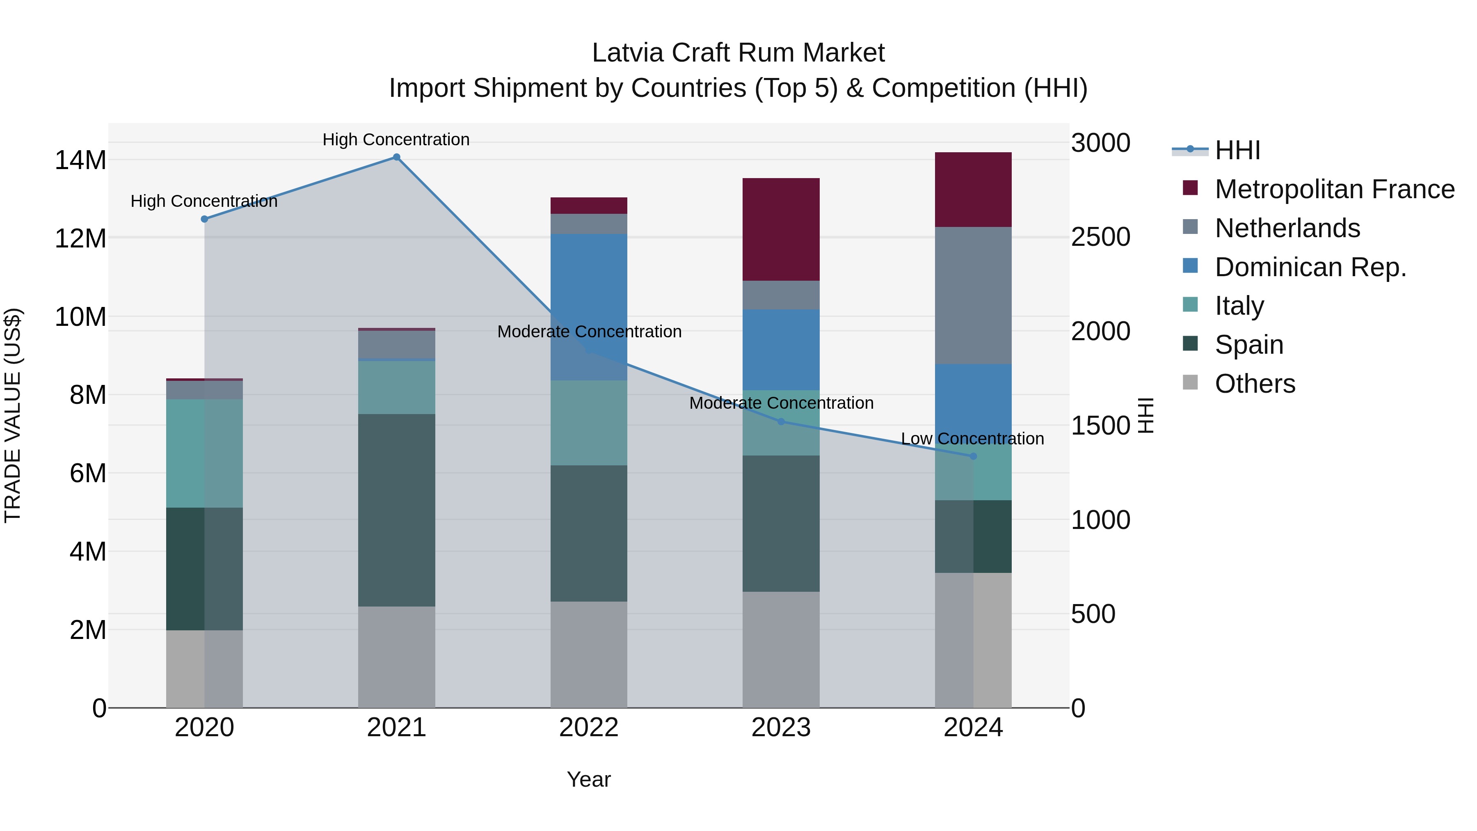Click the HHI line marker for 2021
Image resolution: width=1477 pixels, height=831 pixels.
(x=396, y=157)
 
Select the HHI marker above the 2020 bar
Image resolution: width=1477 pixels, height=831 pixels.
(x=205, y=219)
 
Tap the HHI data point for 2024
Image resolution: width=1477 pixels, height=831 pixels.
(x=973, y=456)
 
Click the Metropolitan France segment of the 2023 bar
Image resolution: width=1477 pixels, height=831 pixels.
(x=781, y=229)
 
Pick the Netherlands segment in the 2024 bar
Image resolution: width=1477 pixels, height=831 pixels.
(x=973, y=295)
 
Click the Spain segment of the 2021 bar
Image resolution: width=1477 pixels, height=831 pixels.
(x=396, y=511)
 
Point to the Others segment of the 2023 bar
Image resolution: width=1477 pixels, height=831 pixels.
(x=781, y=650)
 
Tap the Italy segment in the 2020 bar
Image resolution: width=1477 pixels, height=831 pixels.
(x=205, y=453)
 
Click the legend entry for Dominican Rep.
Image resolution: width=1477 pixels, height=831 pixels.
(x=1310, y=267)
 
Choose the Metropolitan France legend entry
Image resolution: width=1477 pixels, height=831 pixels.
(x=1334, y=189)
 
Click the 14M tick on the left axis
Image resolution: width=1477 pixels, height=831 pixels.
(x=80, y=160)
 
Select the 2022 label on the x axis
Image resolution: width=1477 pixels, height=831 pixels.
(x=589, y=728)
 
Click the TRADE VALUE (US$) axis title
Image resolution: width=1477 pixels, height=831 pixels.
(x=13, y=415)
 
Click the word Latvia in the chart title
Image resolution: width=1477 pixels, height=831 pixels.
(x=629, y=53)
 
